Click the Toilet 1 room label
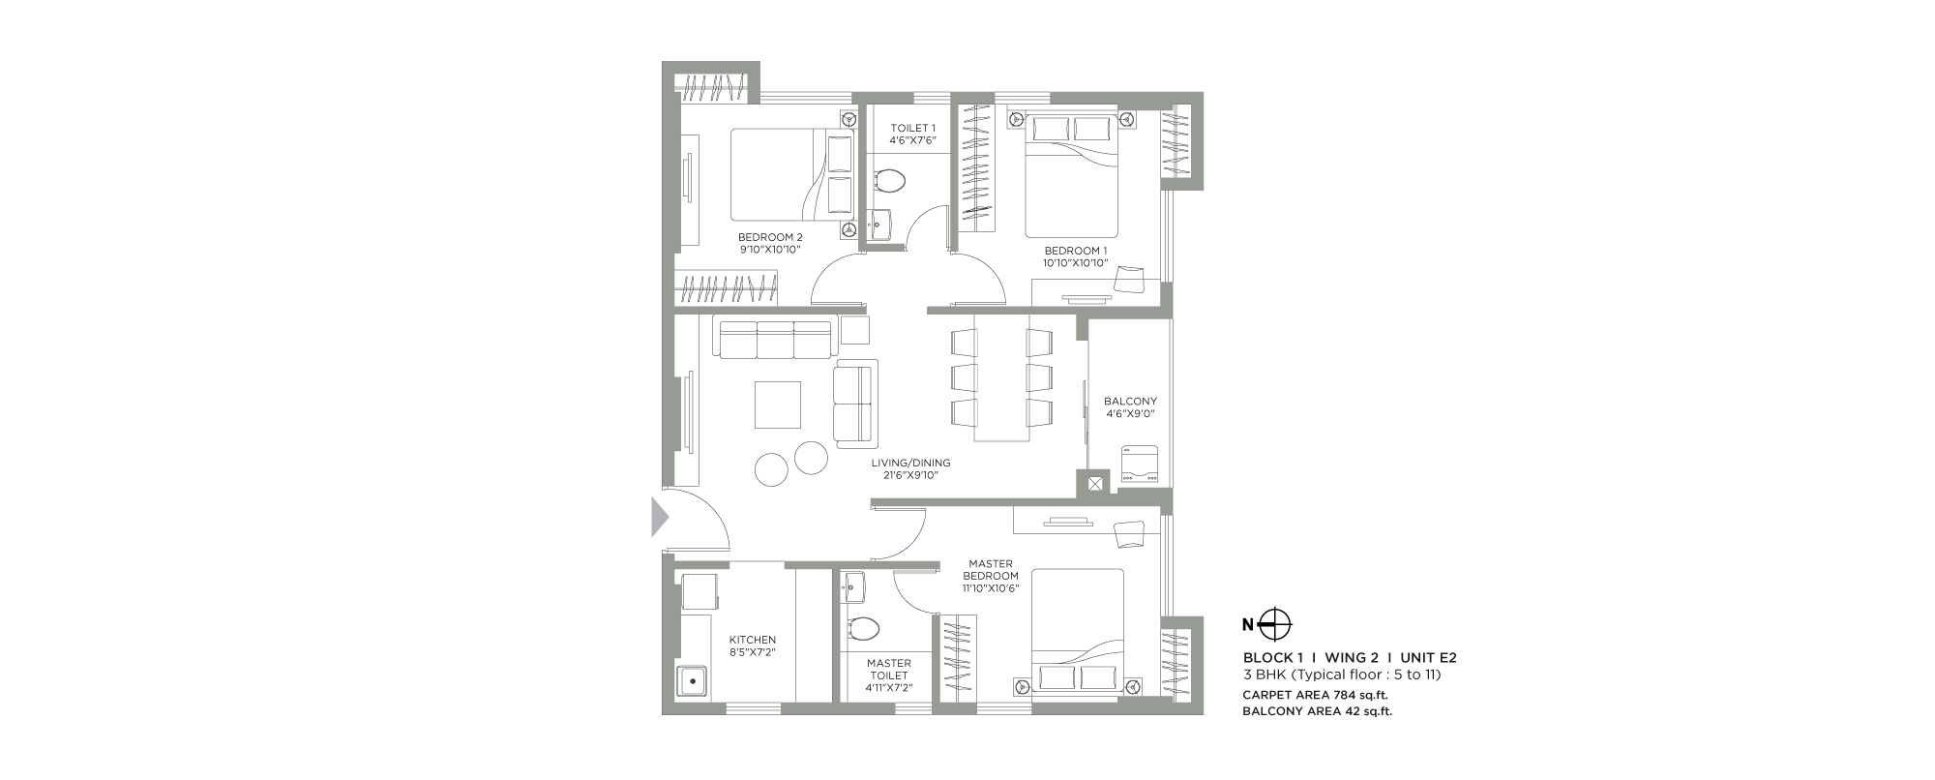click(912, 128)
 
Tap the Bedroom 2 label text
click(770, 237)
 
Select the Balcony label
click(1130, 402)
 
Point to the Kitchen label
click(753, 640)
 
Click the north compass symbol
click(1276, 625)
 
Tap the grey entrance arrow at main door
click(660, 516)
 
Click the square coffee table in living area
click(778, 405)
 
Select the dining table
click(1001, 377)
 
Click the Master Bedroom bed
click(1077, 631)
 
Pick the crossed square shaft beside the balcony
click(1094, 483)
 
